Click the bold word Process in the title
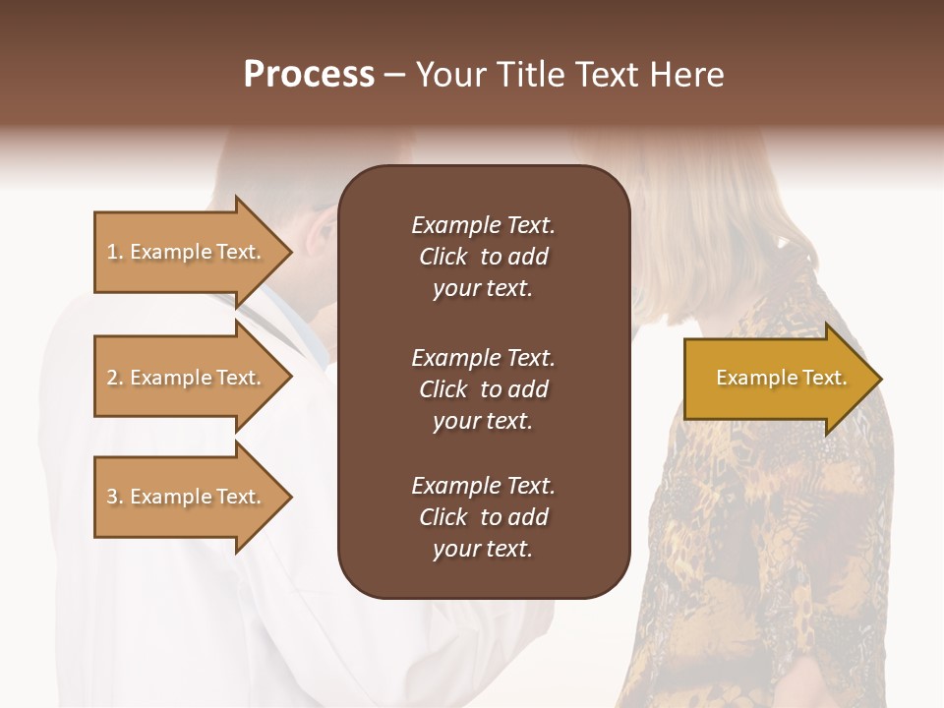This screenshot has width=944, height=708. (309, 75)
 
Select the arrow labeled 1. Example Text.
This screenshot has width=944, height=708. (187, 252)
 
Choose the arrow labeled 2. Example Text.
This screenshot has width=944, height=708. (187, 378)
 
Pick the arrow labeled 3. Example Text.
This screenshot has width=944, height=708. (187, 497)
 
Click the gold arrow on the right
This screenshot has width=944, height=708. (777, 379)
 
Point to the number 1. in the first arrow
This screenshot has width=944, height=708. (115, 252)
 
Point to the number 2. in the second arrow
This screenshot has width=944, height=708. (115, 378)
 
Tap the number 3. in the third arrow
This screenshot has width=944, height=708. (115, 497)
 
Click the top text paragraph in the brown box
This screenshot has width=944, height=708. (483, 257)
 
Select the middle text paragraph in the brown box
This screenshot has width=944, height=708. (483, 389)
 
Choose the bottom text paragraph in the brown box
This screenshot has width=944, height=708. (483, 517)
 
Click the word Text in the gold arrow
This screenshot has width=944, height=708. (824, 378)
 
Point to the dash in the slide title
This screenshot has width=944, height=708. (395, 75)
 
